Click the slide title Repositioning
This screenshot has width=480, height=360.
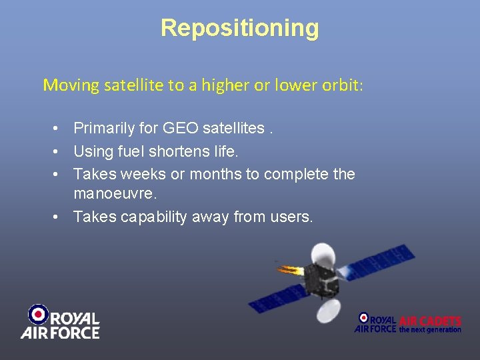click(240, 28)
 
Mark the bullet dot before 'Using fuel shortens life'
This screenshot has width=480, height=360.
click(59, 151)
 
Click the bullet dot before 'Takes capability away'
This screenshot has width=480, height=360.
click(59, 217)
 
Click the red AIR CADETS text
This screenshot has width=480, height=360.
click(430, 321)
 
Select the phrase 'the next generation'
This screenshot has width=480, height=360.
click(430, 329)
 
